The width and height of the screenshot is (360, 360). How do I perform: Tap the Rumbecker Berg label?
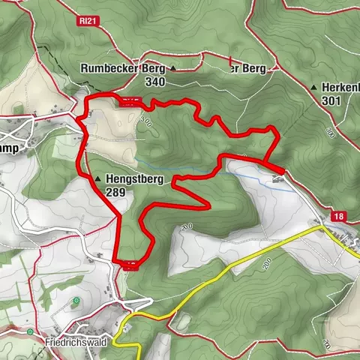coord(123,69)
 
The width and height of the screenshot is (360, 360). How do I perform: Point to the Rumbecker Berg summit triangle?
coord(173,69)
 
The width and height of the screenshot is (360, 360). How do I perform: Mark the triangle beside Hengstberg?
coord(98,178)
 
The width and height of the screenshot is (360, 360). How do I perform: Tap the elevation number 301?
coord(331,100)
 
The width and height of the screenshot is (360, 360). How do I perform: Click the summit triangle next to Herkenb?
coord(313,88)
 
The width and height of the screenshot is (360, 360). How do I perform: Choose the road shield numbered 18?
coord(340,216)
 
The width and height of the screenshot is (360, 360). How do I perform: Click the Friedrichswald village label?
coord(76,341)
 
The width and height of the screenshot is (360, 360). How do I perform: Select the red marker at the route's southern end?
coord(131,263)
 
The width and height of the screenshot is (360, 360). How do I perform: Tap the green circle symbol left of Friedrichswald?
coord(29,331)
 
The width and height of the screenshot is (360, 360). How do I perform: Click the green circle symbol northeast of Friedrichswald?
coord(76,301)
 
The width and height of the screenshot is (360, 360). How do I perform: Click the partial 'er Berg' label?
coord(248,69)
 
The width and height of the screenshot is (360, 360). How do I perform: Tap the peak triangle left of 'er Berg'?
coord(223,69)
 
